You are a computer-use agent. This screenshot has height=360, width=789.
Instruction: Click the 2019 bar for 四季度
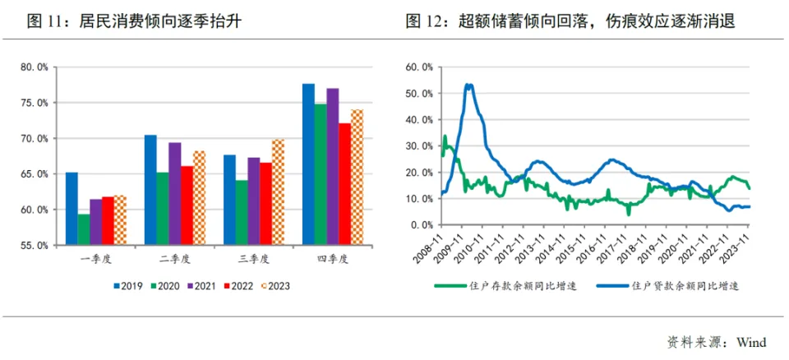coord(308,164)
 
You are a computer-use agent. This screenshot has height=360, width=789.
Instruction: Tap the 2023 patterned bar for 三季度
coord(279,192)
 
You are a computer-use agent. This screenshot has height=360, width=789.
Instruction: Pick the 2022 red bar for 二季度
coord(187,205)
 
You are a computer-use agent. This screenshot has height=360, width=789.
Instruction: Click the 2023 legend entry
coord(275,286)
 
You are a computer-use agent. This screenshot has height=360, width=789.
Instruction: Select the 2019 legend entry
coord(127,286)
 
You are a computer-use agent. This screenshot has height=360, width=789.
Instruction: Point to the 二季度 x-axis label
coord(175,259)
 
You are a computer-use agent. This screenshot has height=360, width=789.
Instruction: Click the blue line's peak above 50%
coord(468,85)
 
